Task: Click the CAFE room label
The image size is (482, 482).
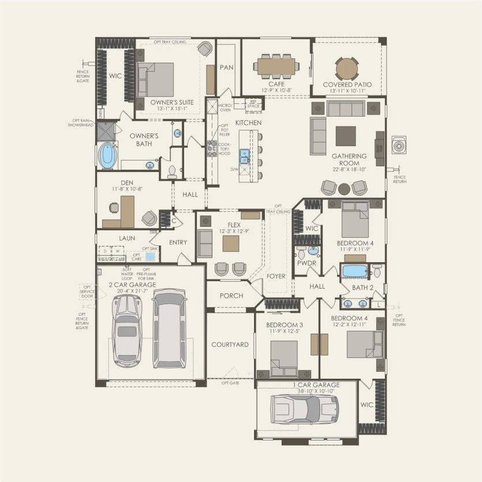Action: click(x=275, y=84)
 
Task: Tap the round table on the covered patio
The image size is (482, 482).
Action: click(x=346, y=67)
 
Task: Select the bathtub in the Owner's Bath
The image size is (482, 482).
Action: click(x=108, y=156)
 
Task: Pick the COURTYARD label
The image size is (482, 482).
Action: click(x=230, y=345)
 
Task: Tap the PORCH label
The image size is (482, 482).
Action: click(x=231, y=296)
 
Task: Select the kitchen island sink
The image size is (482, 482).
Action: click(x=245, y=155)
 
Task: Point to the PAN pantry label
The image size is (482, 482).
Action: click(x=226, y=68)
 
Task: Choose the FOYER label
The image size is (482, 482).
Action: click(x=276, y=277)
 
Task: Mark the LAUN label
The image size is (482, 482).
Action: click(x=127, y=238)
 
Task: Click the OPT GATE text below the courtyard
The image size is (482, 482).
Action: click(x=230, y=383)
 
